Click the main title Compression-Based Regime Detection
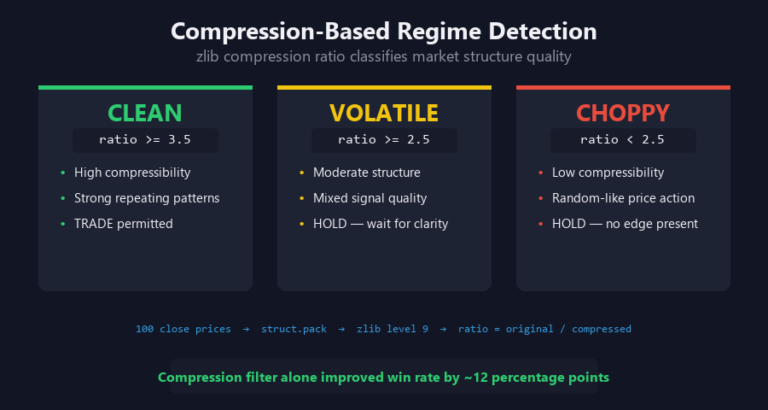point(384,32)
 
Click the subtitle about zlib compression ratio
point(384,57)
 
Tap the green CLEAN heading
point(145,113)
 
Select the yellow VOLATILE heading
point(384,113)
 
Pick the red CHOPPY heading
point(623,113)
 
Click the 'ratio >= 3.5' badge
point(145,139)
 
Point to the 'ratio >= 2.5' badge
point(384,139)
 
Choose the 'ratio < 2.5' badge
point(623,139)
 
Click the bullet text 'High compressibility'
point(132,173)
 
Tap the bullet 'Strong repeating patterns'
point(147,198)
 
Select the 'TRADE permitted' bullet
point(124,224)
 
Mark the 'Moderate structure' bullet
point(367,173)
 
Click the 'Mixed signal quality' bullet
point(370,198)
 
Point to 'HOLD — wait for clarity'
point(381,224)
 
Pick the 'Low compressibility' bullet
point(608,173)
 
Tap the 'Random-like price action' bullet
point(623,198)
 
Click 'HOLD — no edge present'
point(625,224)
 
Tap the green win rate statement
point(384,377)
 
